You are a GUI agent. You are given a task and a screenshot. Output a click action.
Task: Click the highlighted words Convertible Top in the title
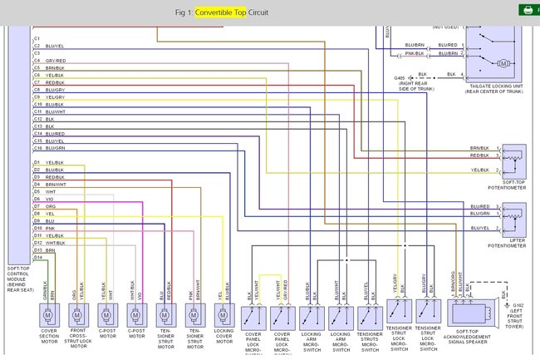(220, 12)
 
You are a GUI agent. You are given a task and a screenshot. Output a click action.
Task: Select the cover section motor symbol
(48, 315)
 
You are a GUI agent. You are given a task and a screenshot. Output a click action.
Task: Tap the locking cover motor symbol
(223, 315)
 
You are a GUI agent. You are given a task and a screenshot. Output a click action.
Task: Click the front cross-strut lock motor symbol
(77, 315)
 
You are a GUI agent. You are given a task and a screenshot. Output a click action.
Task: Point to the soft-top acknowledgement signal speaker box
(470, 312)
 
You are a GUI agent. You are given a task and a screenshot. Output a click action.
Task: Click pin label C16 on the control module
(37, 148)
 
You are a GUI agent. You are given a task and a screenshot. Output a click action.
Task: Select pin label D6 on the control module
(37, 199)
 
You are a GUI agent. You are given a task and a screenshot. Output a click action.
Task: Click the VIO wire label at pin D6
(50, 199)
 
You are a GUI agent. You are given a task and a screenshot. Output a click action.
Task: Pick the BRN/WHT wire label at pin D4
(56, 184)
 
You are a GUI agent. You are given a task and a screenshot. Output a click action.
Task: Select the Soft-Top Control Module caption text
(18, 278)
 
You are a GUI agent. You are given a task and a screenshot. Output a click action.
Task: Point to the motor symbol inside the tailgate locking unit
(502, 63)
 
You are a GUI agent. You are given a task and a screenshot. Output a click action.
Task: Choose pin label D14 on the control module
(37, 257)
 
